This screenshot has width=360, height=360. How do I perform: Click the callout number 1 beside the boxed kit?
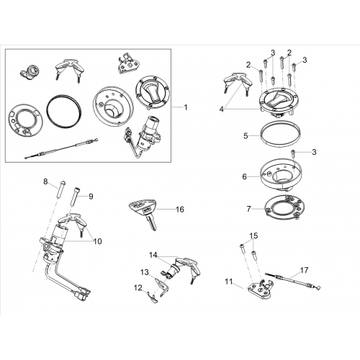click(x=186, y=107)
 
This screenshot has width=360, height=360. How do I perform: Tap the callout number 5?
click(x=246, y=136)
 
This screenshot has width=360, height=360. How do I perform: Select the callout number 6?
click(x=245, y=176)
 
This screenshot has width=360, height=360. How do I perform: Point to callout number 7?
click(x=248, y=209)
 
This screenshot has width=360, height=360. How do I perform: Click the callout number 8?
click(x=45, y=181)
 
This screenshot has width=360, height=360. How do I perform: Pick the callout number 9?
click(x=91, y=197)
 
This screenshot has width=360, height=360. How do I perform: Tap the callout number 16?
click(x=180, y=210)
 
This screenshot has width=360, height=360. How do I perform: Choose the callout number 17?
click(x=305, y=271)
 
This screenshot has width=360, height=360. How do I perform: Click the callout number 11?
click(x=229, y=282)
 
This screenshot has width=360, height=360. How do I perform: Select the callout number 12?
click(x=138, y=288)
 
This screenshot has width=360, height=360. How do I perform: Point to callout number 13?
click(x=145, y=273)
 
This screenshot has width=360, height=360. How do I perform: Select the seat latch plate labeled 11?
click(x=260, y=288)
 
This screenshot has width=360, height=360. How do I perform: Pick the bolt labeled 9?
click(x=75, y=197)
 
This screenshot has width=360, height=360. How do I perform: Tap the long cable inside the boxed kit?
click(x=61, y=148)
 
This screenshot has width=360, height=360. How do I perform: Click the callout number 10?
click(x=98, y=241)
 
